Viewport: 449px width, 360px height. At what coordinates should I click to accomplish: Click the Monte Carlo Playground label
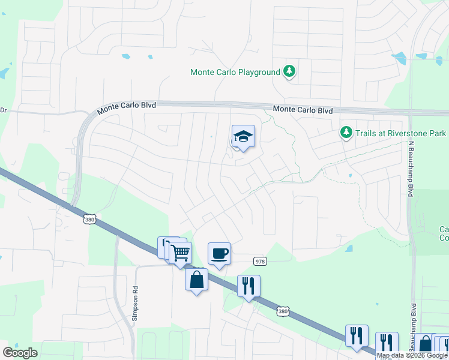pos(235,72)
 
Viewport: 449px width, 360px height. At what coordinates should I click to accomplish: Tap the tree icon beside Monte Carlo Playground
pos(289,71)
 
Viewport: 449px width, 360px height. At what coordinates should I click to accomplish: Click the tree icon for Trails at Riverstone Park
pos(346,132)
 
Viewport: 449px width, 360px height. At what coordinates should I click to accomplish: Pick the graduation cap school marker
pos(243,137)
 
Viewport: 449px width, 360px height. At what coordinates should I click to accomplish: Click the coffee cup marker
pos(219,253)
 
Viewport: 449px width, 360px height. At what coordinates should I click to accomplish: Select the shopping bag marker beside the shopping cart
pos(196,280)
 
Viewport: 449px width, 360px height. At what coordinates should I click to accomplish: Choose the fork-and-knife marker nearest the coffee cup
pos(249,286)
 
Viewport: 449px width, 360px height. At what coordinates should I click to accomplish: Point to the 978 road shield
pos(259,261)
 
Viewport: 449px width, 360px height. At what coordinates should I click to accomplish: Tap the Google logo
pos(20,353)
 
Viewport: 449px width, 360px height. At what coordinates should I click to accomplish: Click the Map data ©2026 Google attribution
pos(412,355)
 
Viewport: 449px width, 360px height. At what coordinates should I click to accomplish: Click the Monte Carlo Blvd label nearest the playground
pos(303,110)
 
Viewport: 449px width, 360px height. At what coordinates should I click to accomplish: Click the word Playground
pos(258,72)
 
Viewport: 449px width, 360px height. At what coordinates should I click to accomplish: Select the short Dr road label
pos(3,110)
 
